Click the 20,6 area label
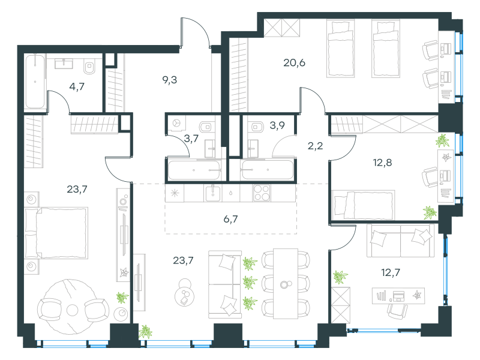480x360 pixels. tap(294, 63)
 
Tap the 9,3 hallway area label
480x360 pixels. tap(170, 80)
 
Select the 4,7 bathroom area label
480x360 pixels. tap(77, 86)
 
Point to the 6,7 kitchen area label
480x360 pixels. tap(230, 219)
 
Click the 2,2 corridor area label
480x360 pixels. tap(316, 146)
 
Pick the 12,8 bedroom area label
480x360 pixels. tap(382, 163)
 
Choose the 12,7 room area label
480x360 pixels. tap(391, 272)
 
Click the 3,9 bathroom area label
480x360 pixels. tap(277, 125)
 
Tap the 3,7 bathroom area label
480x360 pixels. tap(191, 139)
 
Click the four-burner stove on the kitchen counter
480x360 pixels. tap(262, 193)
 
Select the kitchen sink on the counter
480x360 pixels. tap(213, 193)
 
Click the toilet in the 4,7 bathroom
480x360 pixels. tap(89, 67)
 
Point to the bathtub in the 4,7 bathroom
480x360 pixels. tap(35, 82)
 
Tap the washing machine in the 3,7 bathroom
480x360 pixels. tap(176, 124)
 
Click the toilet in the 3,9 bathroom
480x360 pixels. tap(256, 127)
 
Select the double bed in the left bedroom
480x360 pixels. tap(56, 233)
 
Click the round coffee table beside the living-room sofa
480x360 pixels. tap(185, 295)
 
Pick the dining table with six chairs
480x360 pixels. tap(286, 284)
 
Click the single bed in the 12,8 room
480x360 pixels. tap(364, 205)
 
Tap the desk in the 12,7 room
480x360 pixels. tap(398, 296)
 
